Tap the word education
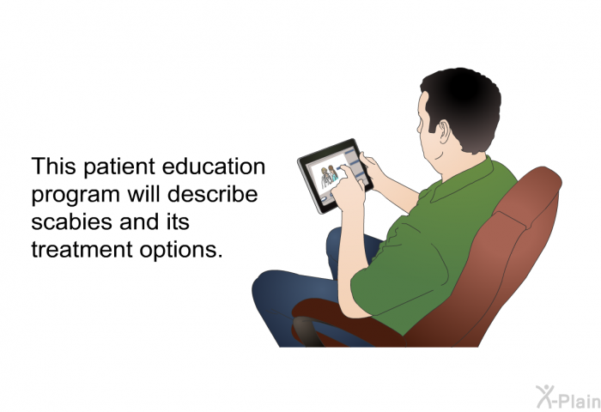(x=214, y=167)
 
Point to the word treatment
(x=82, y=250)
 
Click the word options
(x=181, y=251)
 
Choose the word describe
(x=212, y=194)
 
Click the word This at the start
(x=53, y=167)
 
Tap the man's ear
(x=444, y=131)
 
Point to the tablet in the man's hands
(x=334, y=176)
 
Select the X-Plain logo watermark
(x=568, y=397)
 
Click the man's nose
(x=419, y=127)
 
